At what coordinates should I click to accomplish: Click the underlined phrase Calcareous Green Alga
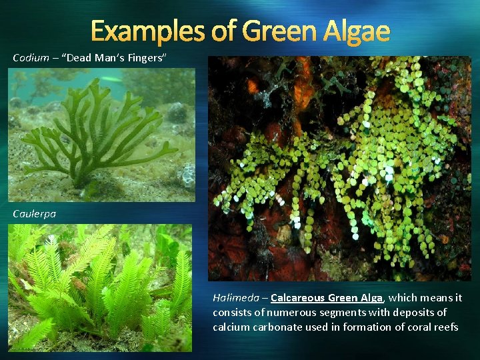click(x=327, y=298)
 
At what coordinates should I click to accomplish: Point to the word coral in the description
click(x=418, y=327)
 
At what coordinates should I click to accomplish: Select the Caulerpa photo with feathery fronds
click(x=100, y=287)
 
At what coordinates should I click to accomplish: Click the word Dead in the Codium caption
click(x=80, y=58)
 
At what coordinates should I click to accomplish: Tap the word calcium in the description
click(x=229, y=327)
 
